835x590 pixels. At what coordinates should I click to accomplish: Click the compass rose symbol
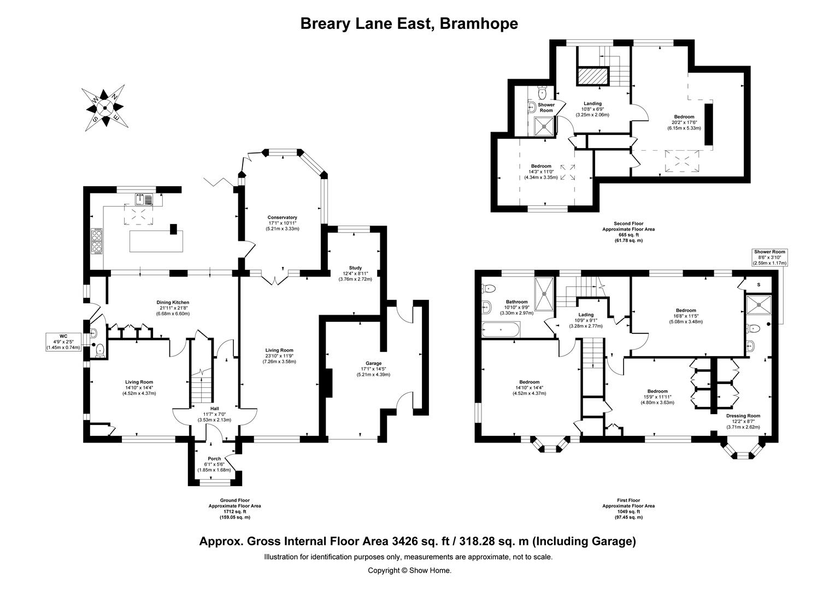click(x=104, y=107)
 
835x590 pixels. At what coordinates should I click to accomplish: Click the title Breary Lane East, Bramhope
click(x=409, y=23)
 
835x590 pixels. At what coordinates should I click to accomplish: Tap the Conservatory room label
click(x=282, y=223)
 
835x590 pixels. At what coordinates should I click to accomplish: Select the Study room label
click(x=356, y=273)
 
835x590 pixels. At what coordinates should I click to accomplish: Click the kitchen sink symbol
click(x=146, y=199)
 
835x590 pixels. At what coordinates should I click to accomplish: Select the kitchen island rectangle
click(x=156, y=241)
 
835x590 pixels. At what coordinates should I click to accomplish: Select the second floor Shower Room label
click(x=546, y=108)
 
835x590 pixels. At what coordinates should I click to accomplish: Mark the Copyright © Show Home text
click(x=409, y=570)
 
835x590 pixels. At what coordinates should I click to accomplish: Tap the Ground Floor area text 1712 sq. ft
click(x=234, y=509)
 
